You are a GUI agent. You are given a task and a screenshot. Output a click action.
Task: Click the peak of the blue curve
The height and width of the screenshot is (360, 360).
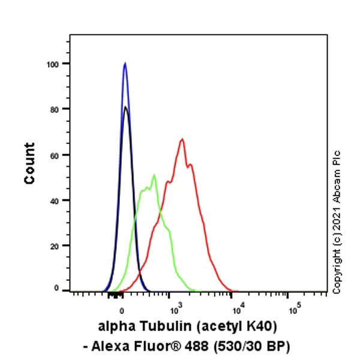125,63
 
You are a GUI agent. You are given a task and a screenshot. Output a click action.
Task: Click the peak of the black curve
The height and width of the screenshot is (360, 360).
125,107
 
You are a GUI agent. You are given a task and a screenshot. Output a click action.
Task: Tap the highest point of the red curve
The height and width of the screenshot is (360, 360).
181,139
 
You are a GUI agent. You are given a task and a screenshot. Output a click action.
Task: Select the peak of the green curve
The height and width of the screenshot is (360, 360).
154,175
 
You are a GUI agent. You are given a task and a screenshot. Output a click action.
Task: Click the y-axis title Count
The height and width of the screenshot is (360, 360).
29,163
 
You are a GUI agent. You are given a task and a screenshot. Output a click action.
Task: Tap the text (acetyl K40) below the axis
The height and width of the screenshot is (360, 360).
235,327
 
